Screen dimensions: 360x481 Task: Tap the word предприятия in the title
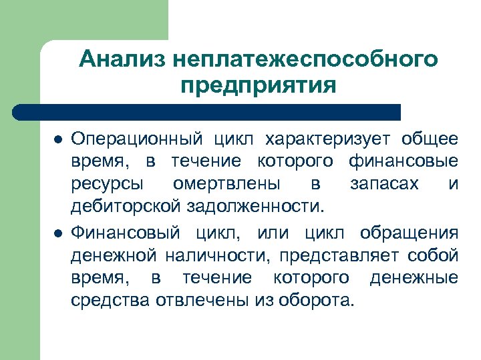[x=259, y=86]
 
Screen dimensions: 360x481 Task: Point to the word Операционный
[x=137, y=139]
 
